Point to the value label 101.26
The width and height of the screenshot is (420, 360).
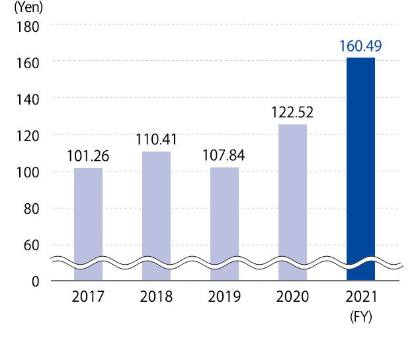tap(88, 157)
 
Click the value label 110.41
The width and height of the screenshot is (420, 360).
tap(156, 140)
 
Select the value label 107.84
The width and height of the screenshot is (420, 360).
tap(224, 157)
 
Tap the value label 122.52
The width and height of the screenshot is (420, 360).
tap(292, 112)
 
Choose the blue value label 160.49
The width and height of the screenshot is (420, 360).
tap(360, 47)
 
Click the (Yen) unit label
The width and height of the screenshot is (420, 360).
tap(27, 9)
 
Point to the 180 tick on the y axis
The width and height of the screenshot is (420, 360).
tap(30, 26)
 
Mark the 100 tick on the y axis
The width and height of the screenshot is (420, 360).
tap(30, 172)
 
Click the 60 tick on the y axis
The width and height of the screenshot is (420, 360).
tap(33, 245)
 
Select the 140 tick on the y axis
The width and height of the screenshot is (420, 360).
tap(30, 99)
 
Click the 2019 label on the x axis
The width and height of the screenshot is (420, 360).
tap(224, 296)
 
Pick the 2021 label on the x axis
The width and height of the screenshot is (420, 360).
tap(360, 296)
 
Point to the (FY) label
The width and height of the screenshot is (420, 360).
tap(360, 316)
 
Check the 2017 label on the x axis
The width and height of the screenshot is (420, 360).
tap(88, 296)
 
